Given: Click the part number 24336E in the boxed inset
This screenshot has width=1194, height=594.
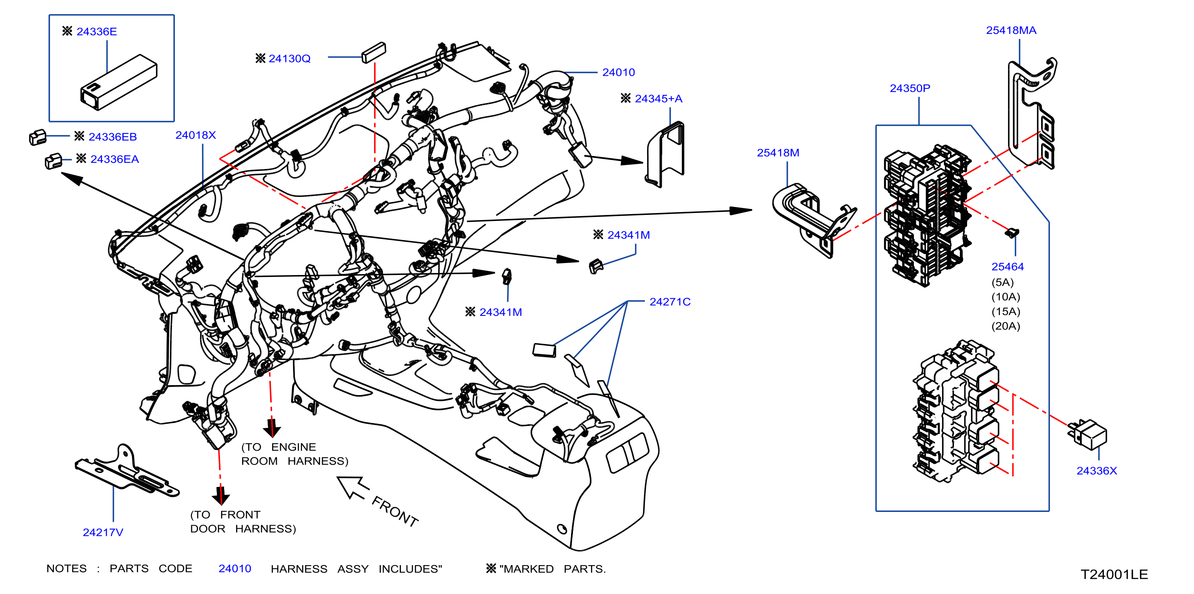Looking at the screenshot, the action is [x=96, y=32].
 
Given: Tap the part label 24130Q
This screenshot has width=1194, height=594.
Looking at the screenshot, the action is [x=289, y=58].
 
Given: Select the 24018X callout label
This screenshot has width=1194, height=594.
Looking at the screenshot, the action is [x=196, y=135].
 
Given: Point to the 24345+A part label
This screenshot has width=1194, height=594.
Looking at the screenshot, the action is [x=658, y=98].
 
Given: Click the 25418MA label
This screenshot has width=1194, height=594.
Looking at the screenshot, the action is [x=1011, y=30].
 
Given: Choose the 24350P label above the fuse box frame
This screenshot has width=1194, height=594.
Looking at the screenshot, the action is [x=910, y=88].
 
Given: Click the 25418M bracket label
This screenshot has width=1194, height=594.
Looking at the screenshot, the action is [x=778, y=153].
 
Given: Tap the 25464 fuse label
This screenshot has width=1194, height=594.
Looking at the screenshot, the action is [x=1007, y=267].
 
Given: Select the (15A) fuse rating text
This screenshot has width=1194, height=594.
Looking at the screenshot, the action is [x=1006, y=311].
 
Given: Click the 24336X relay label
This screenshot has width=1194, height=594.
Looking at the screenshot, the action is [x=1097, y=471].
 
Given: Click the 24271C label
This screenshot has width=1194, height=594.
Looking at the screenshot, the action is [x=670, y=302].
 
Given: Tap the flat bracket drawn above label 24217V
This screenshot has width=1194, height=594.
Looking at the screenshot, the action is [x=126, y=472].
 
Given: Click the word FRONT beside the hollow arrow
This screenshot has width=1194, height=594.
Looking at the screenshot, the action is [x=395, y=511].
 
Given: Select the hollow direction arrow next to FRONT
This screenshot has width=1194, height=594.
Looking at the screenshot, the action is [x=353, y=488].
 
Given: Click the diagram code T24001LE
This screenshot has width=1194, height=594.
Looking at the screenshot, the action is [x=1114, y=574].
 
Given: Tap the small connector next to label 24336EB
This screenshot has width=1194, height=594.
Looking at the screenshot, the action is [x=38, y=137].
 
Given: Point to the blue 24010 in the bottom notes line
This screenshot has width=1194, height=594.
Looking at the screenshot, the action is [x=235, y=568].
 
